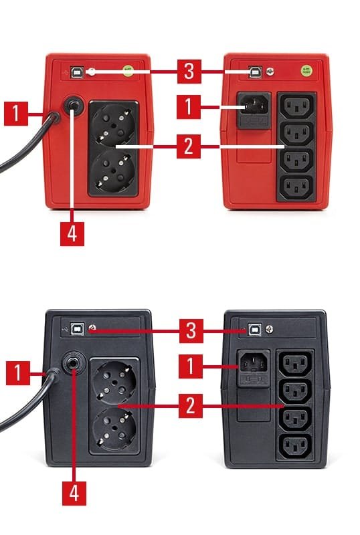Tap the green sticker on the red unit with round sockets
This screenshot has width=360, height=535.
pyautogui.click(x=128, y=71)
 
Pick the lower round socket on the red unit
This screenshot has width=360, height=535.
pyautogui.click(x=113, y=171)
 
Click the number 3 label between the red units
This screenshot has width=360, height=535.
pyautogui.click(x=189, y=72)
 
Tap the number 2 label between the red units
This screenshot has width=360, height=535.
pyautogui.click(x=189, y=146)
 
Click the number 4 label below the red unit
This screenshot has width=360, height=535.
pyautogui.click(x=72, y=233)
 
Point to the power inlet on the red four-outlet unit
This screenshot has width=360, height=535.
pyautogui.click(x=254, y=105)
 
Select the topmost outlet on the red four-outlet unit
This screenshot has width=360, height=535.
pyautogui.click(x=296, y=105)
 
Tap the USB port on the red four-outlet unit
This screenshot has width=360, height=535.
pyautogui.click(x=255, y=72)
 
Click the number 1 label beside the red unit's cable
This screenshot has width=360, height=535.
pyautogui.click(x=16, y=113)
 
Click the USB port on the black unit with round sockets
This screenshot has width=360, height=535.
pyautogui.click(x=77, y=328)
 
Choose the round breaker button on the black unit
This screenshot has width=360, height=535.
pyautogui.click(x=74, y=362)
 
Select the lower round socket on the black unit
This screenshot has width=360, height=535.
pyautogui.click(x=116, y=429)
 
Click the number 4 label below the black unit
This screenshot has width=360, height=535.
pyautogui.click(x=74, y=494)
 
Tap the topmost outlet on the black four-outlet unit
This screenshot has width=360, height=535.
pyautogui.click(x=296, y=363)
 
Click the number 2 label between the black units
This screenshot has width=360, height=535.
pyautogui.click(x=191, y=406)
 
